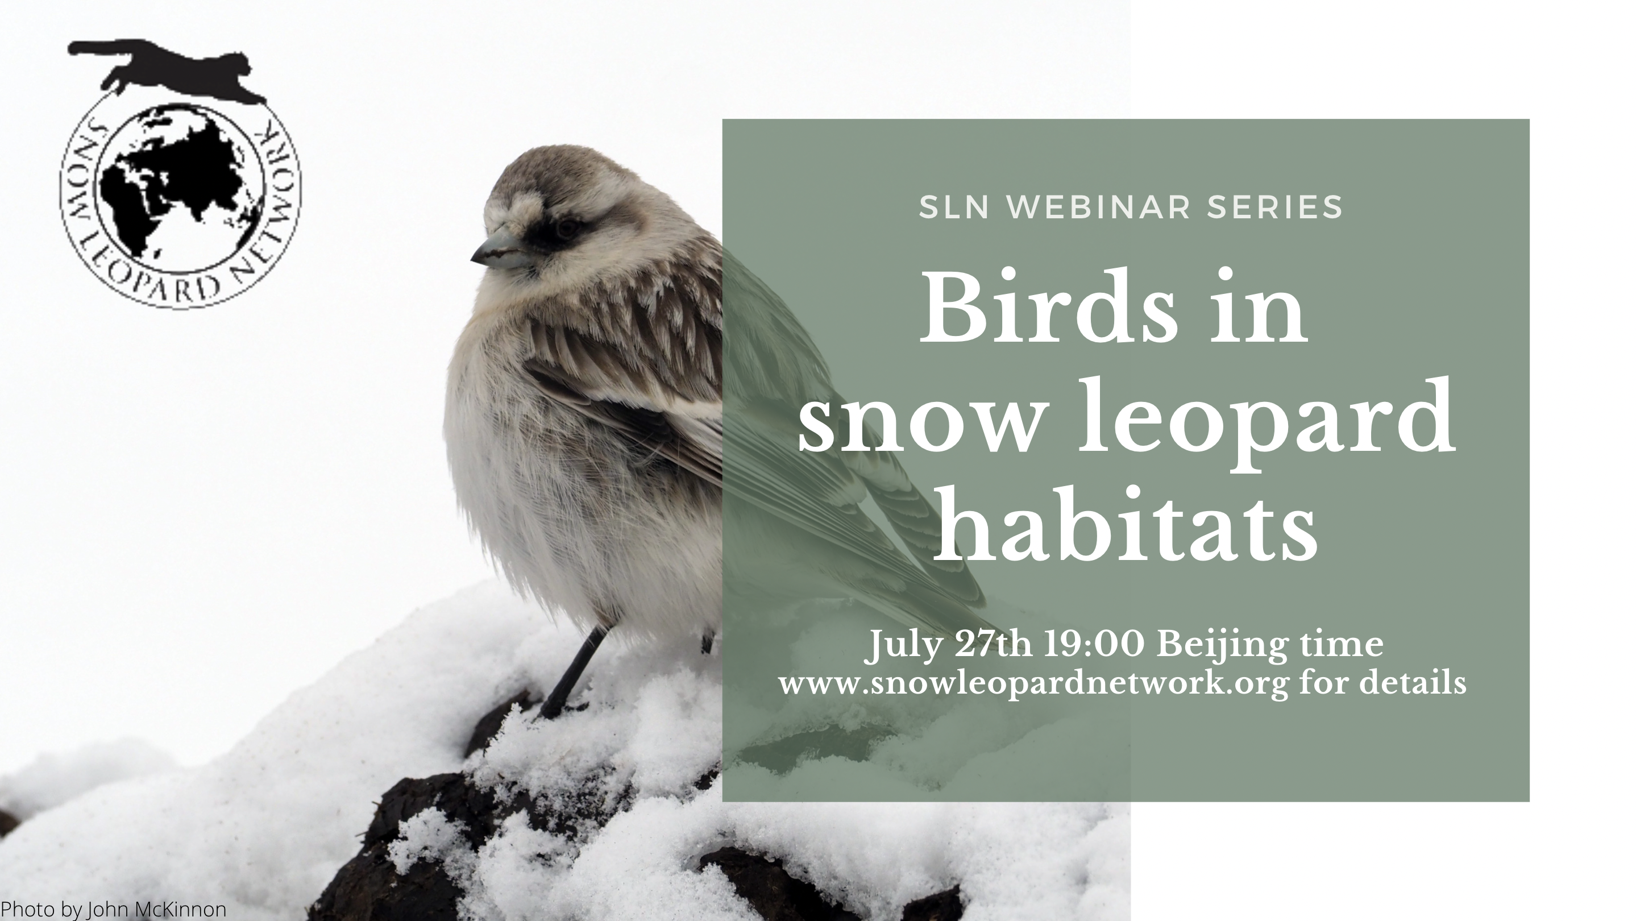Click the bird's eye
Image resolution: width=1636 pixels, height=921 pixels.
[567, 227]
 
